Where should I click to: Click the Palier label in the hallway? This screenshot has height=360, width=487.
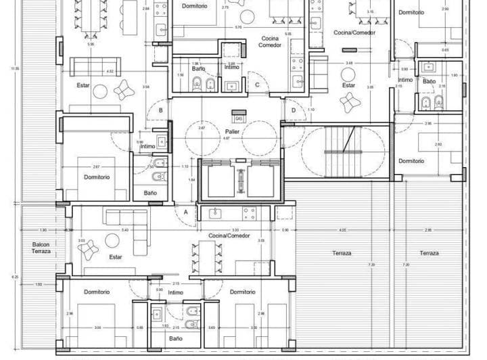point(232,131)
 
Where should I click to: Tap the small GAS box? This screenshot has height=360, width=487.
point(238,117)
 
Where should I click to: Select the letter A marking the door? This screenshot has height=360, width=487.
point(185,211)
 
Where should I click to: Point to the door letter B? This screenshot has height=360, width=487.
point(160,110)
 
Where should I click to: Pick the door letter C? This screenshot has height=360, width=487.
point(258,85)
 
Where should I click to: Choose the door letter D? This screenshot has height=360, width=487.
point(294,110)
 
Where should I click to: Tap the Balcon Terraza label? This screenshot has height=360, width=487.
point(41,248)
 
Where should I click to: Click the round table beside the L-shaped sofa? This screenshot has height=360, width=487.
point(112,240)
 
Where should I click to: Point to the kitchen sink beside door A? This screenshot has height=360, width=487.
point(216,214)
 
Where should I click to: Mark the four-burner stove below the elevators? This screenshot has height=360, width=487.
point(248,214)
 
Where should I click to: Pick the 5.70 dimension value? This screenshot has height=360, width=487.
point(238,27)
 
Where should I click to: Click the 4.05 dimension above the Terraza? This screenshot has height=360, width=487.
point(343,229)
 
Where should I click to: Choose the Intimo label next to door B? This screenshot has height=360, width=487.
point(147,146)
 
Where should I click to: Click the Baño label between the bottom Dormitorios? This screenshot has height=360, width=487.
point(175,338)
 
